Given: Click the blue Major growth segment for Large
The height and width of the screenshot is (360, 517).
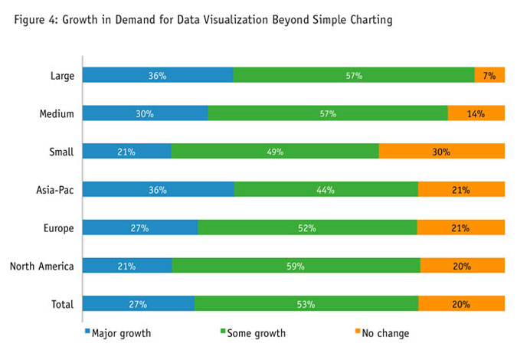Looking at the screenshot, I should pos(157,75).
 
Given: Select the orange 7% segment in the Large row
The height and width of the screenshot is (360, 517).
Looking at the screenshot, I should pos(489,75).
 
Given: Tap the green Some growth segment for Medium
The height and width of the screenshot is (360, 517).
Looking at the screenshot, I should pos(328,113).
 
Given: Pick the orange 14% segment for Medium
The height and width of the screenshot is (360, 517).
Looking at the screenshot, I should pos(476,113).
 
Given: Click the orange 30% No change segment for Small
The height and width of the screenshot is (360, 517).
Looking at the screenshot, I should pos(441,152).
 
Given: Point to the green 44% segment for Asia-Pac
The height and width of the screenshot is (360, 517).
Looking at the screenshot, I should pos(326,189).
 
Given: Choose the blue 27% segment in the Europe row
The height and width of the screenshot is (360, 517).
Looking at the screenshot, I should pos(139,227).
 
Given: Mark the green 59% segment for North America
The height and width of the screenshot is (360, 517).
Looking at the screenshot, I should pos(296,266).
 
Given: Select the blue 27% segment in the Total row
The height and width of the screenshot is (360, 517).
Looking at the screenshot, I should pos(138,304).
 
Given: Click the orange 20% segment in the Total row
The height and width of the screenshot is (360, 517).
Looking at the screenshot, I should pos(461,304).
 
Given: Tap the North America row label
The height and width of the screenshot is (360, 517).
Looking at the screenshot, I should pos(41,266).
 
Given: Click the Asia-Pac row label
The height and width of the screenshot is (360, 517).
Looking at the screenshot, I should pos(53,189).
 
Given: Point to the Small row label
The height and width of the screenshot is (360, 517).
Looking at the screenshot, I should pos(61,152).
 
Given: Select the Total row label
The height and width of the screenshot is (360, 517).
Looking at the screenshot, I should pos(61,304).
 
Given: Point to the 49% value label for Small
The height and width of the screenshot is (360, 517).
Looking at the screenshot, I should pos(275,152).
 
